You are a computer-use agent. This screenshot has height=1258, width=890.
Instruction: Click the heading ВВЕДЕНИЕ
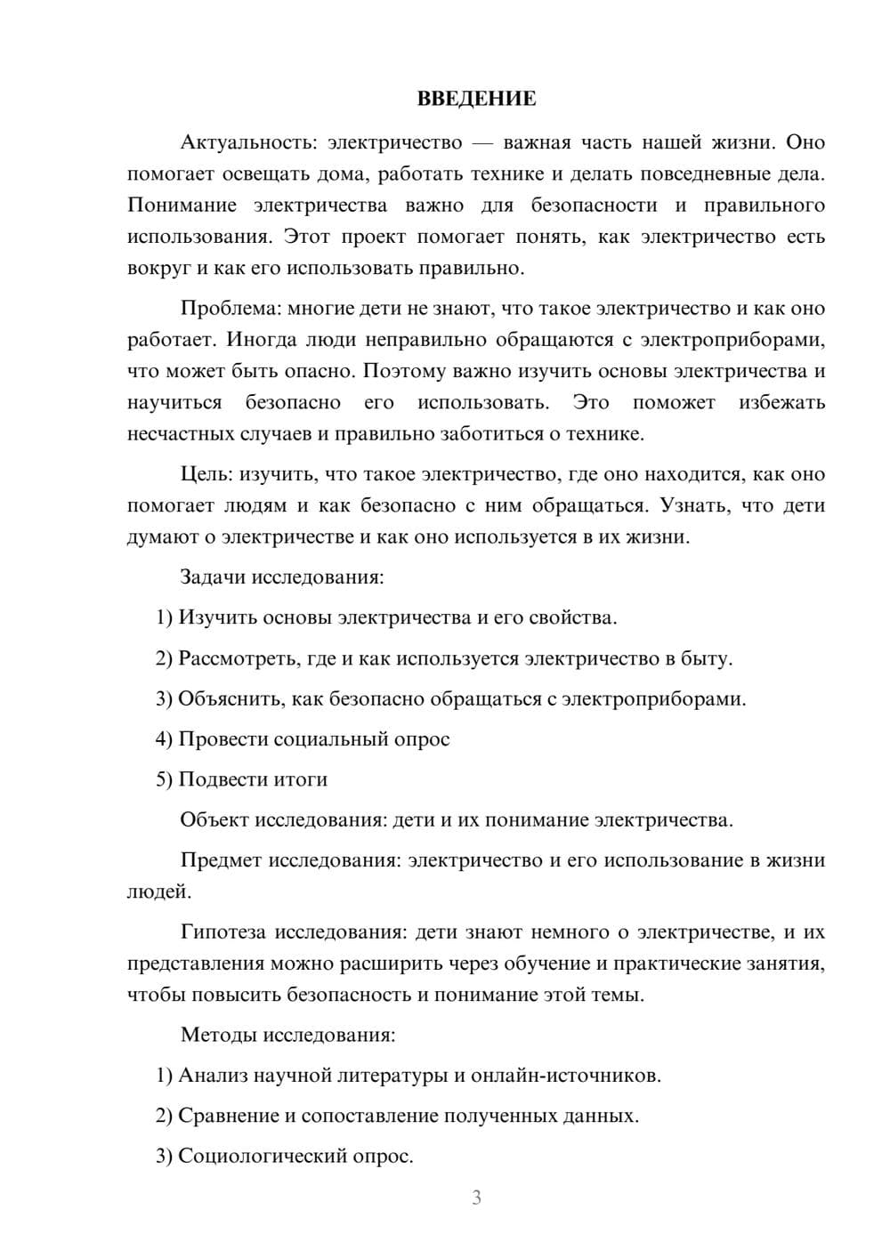point(477,99)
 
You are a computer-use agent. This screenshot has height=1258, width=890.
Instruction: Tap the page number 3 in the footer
point(476,1198)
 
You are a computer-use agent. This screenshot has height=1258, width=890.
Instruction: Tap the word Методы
point(214,1035)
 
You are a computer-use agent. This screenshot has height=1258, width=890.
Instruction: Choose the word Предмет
point(220,860)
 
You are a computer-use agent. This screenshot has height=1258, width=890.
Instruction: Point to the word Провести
point(222,738)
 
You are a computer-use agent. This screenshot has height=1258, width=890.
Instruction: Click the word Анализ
point(207,1075)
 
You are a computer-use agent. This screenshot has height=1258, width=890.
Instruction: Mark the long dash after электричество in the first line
point(483,142)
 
